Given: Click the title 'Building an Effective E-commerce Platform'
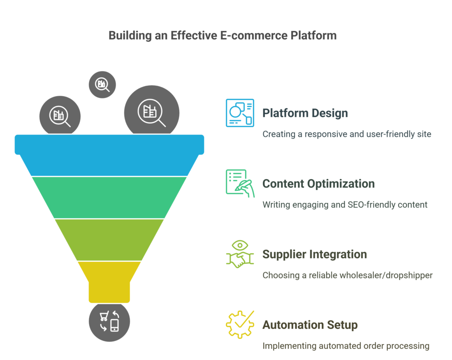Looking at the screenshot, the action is (222, 36).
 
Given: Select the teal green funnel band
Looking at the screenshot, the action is (109, 198).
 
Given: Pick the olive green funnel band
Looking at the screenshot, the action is (109, 240).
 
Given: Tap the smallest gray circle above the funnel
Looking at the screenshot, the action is (102, 85).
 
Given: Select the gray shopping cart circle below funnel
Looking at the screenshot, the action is (109, 322).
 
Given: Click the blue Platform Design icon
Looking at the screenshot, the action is (240, 113).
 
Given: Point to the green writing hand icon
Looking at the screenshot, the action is (240, 184).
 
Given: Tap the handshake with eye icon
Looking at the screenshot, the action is (240, 254).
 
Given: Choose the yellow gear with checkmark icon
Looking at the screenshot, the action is (240, 325).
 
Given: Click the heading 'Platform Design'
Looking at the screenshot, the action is (305, 113).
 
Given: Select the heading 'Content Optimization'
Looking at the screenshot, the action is (319, 184).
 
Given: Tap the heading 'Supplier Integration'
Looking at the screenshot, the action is (314, 254).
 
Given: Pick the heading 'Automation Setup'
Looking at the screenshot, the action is (310, 325).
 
